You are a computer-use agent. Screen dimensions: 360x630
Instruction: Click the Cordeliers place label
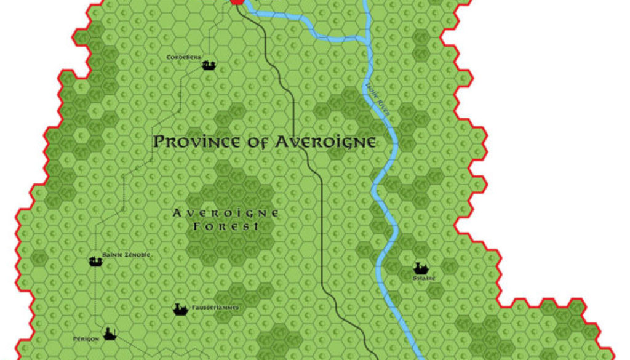coord(184,57)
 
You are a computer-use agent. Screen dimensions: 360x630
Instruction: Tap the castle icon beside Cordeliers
coord(209,64)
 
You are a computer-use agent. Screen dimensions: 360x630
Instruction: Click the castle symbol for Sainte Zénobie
coord(95,262)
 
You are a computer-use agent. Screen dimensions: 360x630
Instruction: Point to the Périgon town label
coord(86,339)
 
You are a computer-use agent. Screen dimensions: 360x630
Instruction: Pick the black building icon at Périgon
coord(110,334)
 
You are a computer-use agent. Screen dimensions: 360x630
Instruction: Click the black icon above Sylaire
coord(421,268)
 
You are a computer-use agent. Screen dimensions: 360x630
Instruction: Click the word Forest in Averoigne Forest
coord(224,226)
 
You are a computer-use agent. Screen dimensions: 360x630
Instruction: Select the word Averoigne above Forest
coord(226,213)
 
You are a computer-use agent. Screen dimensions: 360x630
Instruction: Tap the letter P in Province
coord(159,142)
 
